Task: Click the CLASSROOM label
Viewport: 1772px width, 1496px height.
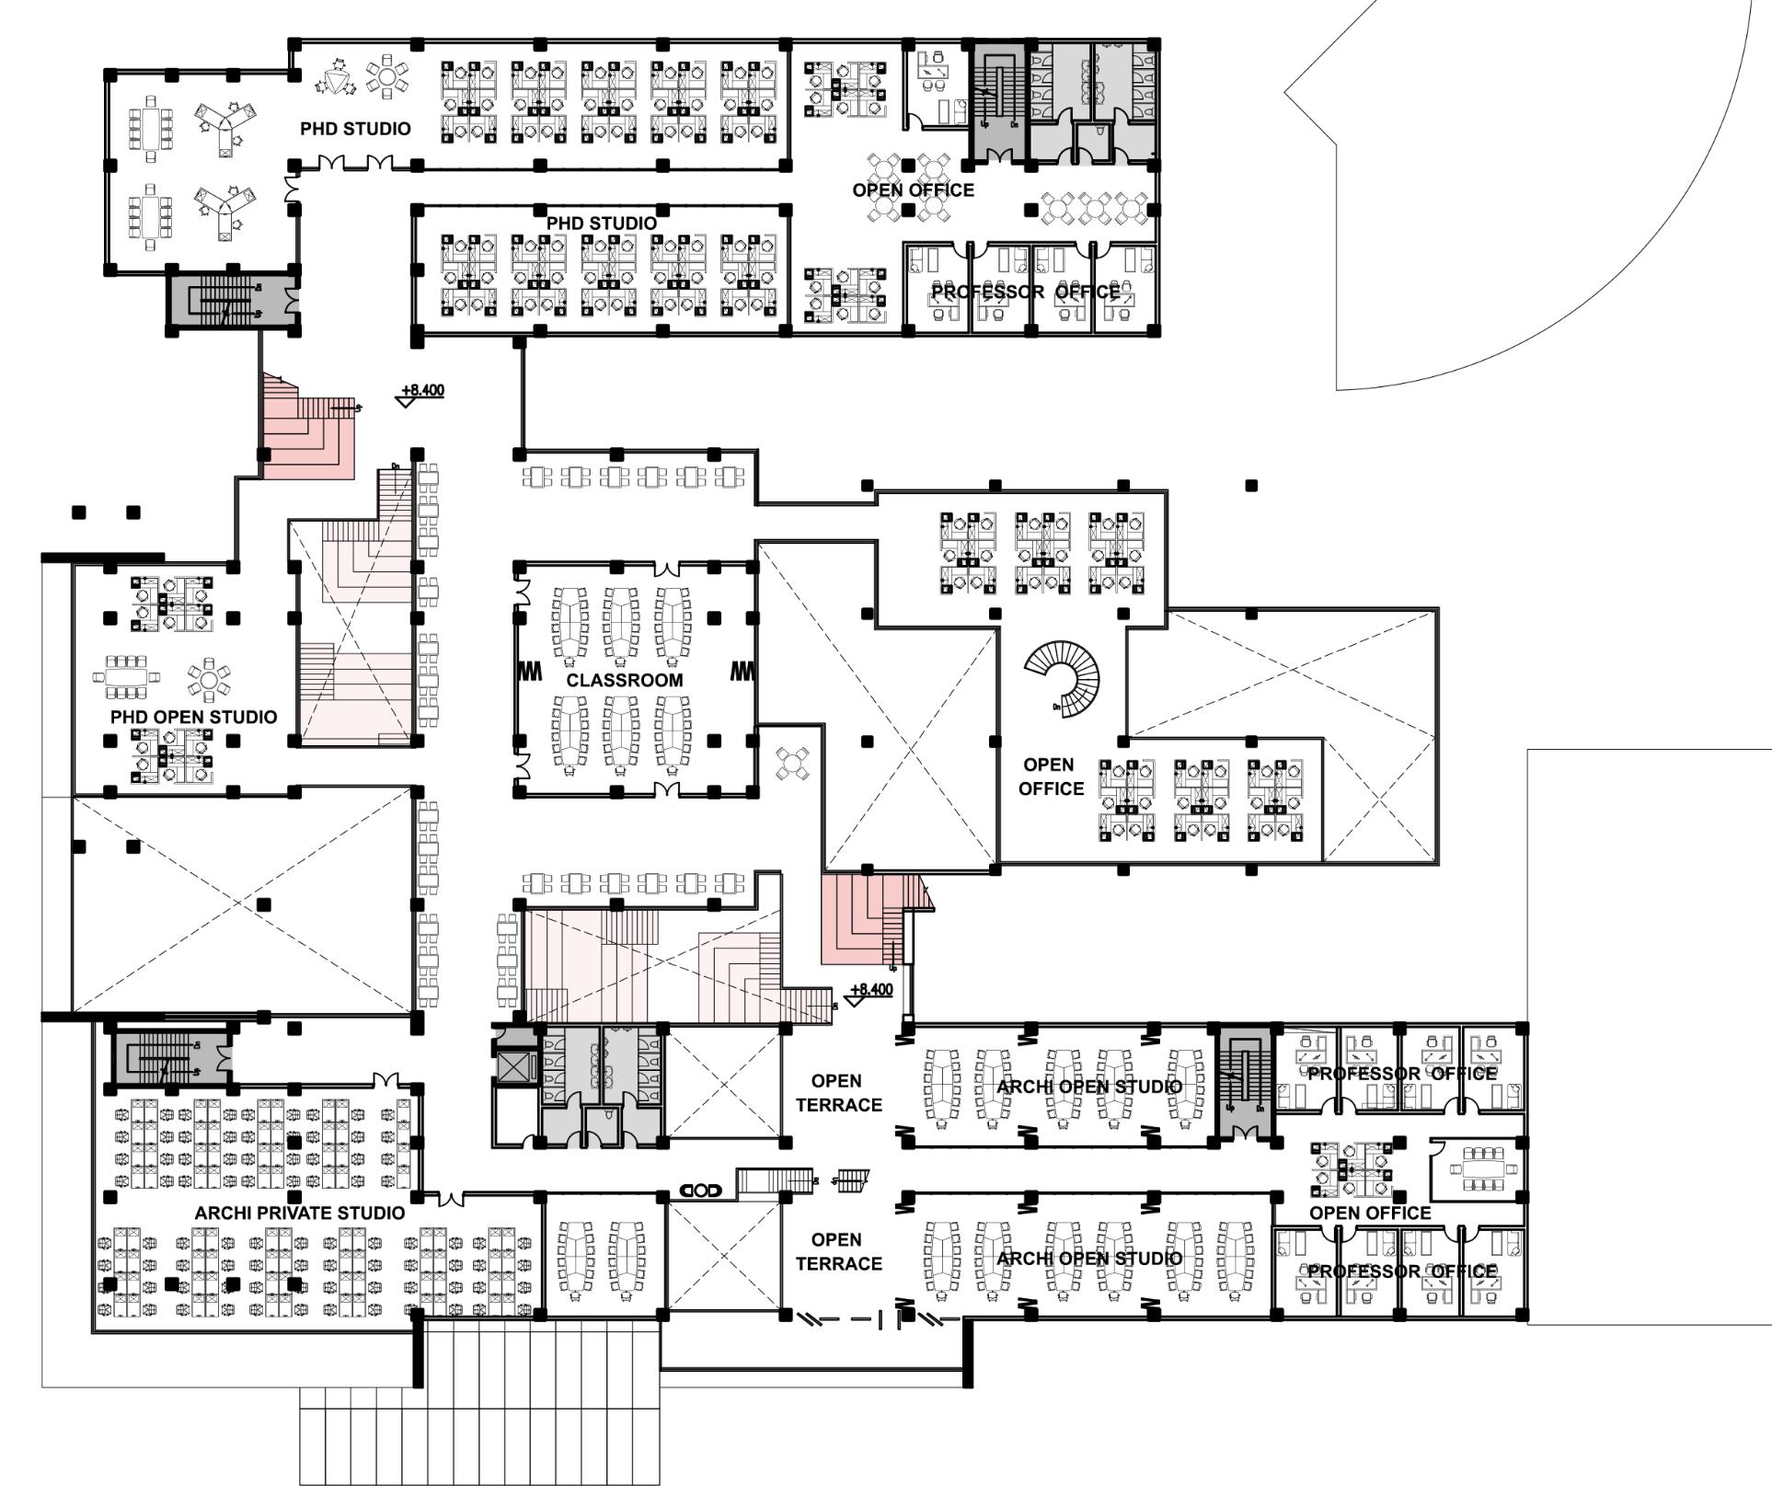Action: pyautogui.click(x=625, y=681)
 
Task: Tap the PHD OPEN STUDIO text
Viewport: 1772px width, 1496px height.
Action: pyautogui.click(x=193, y=717)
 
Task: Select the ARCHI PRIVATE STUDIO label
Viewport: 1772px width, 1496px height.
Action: pyautogui.click(x=299, y=1214)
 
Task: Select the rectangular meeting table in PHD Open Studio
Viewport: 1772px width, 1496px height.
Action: pyautogui.click(x=126, y=678)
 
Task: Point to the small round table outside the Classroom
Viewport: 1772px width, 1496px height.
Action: pyautogui.click(x=793, y=764)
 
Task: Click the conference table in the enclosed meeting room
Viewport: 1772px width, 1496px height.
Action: pyautogui.click(x=1477, y=1168)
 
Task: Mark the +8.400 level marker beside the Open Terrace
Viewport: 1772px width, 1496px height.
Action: pyautogui.click(x=869, y=991)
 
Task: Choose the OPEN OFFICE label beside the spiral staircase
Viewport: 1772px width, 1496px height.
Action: pyautogui.click(x=1051, y=777)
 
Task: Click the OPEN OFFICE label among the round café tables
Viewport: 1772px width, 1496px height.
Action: pyautogui.click(x=913, y=190)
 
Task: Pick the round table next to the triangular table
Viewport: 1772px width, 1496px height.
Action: pyautogui.click(x=387, y=77)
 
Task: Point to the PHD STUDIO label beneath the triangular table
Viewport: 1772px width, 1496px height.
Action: pyautogui.click(x=355, y=129)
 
